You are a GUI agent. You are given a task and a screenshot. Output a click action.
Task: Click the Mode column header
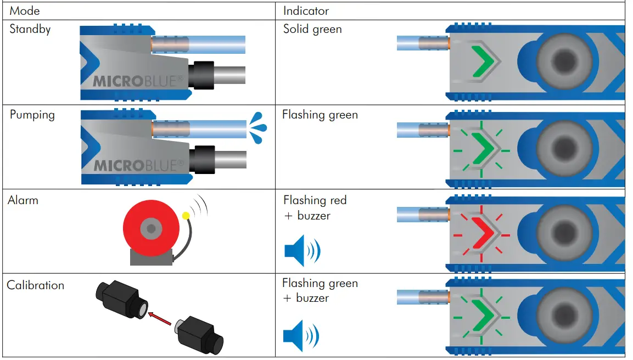pyautogui.click(x=25, y=10)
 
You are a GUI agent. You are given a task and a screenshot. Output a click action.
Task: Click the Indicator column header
pyautogui.click(x=306, y=10)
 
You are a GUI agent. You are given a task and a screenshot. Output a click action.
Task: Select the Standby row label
pyautogui.click(x=30, y=29)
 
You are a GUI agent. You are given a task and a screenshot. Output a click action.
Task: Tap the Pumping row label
pyautogui.click(x=32, y=115)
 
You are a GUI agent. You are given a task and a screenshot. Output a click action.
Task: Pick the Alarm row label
pyautogui.click(x=23, y=200)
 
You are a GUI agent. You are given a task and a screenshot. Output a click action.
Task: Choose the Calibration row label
pyautogui.click(x=35, y=285)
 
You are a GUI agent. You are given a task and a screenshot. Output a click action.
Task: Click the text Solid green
pyautogui.click(x=312, y=29)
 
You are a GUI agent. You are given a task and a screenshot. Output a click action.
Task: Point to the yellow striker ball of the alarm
pyautogui.click(x=186, y=216)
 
